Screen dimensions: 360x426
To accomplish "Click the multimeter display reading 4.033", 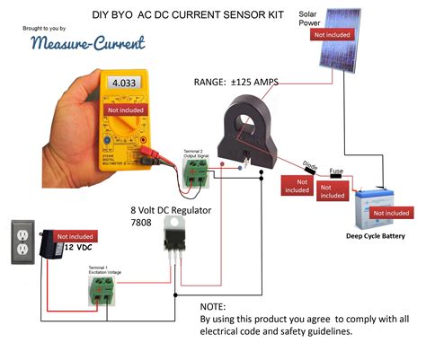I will tap(125, 83).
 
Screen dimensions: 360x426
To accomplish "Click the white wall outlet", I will tap(22, 241).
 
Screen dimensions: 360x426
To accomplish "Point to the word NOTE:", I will tap(214, 306).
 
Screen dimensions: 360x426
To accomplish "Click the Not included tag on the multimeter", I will tap(125, 110).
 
